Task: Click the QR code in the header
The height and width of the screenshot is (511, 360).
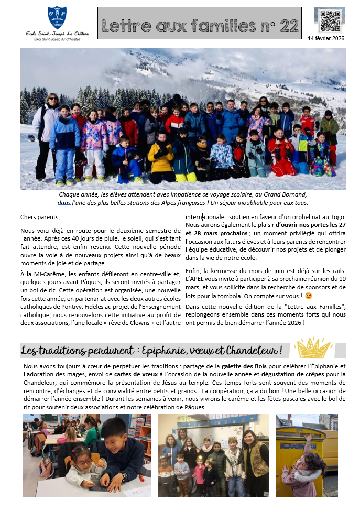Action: click(x=330, y=20)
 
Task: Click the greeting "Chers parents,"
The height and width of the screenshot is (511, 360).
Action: click(x=40, y=217)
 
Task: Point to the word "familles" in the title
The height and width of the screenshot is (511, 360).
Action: click(x=220, y=25)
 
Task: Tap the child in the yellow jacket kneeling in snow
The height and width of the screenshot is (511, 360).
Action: click(x=160, y=160)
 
